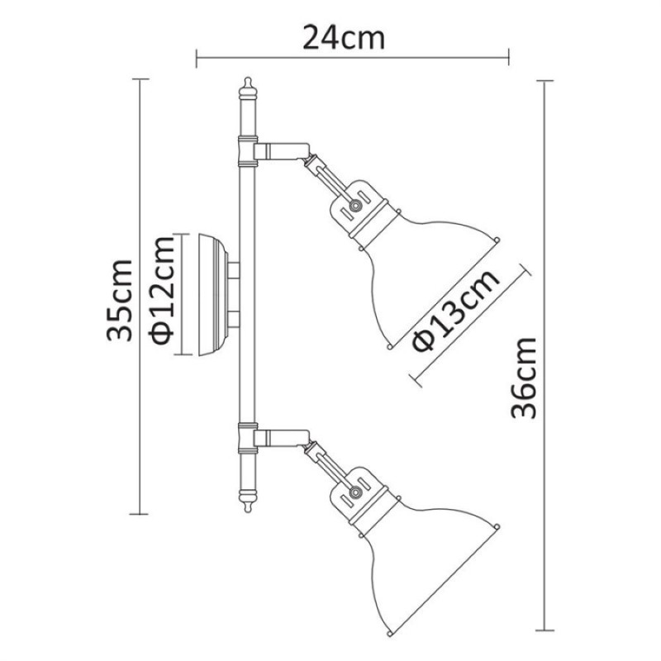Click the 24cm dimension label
click(x=344, y=38)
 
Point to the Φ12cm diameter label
click(x=161, y=291)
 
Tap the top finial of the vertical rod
click(x=248, y=88)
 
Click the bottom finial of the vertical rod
click(x=248, y=502)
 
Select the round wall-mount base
click(x=213, y=294)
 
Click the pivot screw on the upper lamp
click(x=355, y=205)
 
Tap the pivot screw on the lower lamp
click(x=355, y=492)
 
